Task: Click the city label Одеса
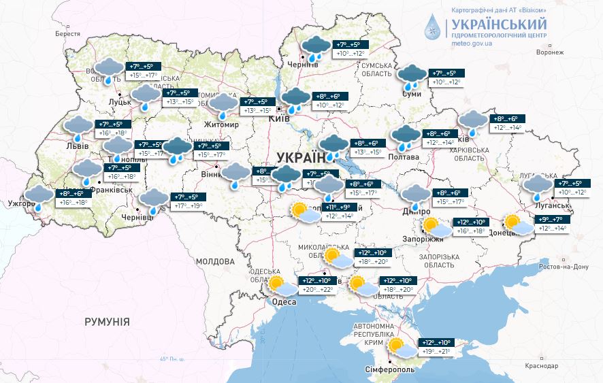283,302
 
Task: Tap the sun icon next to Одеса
276,284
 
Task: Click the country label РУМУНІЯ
107,321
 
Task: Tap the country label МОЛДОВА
215,261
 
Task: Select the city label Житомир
222,124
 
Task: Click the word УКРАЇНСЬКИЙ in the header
500,24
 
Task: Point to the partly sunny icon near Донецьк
515,223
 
